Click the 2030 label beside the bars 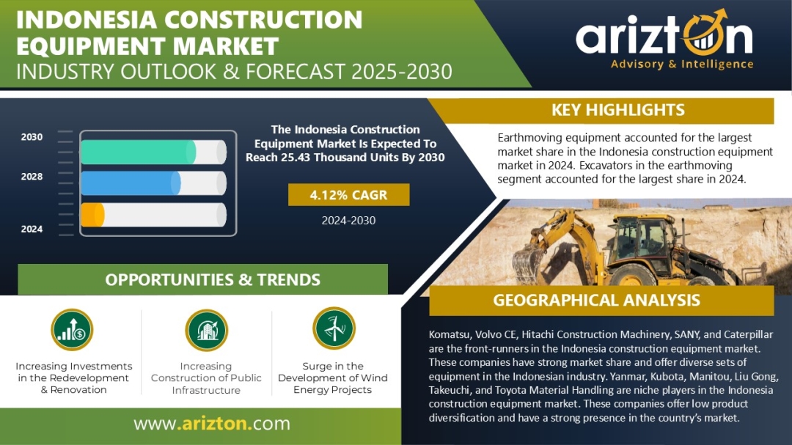pyautogui.click(x=32, y=137)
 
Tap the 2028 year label pyautogui.click(x=32, y=176)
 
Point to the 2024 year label pyautogui.click(x=32, y=229)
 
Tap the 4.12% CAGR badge pyautogui.click(x=348, y=195)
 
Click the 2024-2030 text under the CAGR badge pyautogui.click(x=348, y=220)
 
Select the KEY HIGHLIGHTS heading pyautogui.click(x=617, y=110)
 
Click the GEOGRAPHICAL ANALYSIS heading pyautogui.click(x=596, y=300)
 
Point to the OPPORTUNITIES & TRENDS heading pyautogui.click(x=213, y=280)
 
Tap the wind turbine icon pyautogui.click(x=334, y=328)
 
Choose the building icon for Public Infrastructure pyautogui.click(x=207, y=331)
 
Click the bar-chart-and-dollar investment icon pyautogui.click(x=72, y=330)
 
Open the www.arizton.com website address pyautogui.click(x=212, y=423)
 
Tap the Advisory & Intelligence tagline pyautogui.click(x=682, y=65)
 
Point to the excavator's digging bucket pyautogui.click(x=528, y=262)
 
